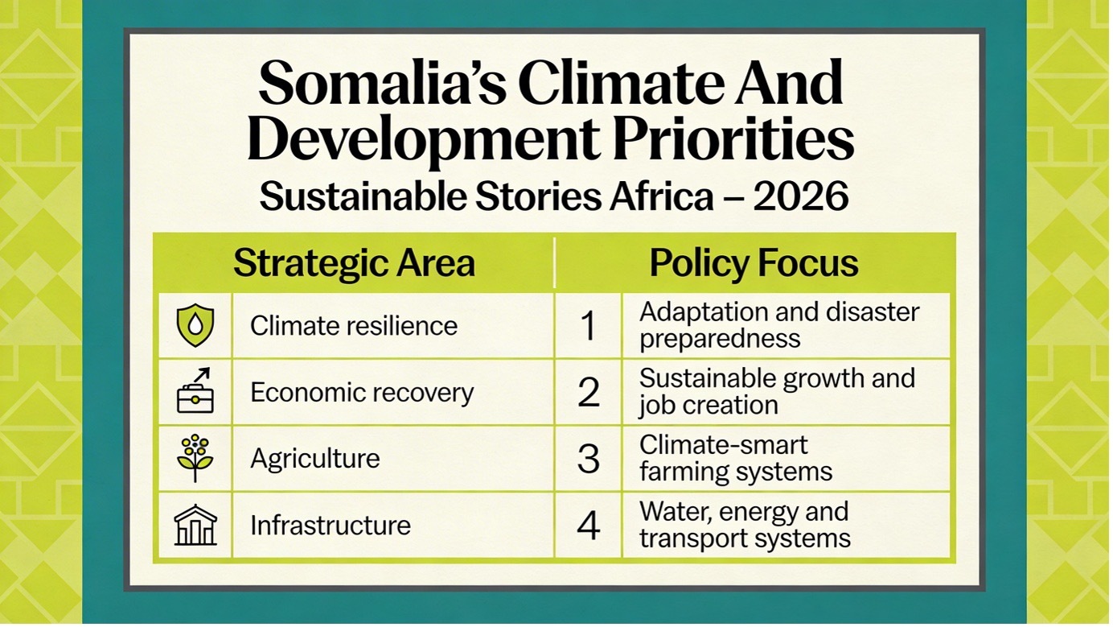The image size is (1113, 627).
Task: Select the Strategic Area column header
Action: [x=354, y=263]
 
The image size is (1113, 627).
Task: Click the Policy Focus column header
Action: [x=754, y=263]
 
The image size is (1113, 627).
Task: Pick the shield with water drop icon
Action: [x=195, y=326]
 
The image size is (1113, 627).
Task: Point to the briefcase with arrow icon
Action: [x=195, y=392]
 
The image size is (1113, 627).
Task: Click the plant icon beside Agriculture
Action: [x=195, y=458]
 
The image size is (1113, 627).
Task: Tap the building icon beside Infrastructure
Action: [x=195, y=525]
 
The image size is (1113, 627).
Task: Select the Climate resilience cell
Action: [x=354, y=326]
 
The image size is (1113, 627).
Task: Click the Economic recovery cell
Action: [x=362, y=393]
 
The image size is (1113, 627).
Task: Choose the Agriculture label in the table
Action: [x=315, y=459]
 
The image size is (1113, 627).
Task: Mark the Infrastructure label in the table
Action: [x=331, y=526]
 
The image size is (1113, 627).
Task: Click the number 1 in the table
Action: [x=589, y=326]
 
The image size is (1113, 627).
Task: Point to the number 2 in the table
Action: [x=589, y=393]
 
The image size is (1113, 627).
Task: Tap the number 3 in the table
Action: [x=589, y=459]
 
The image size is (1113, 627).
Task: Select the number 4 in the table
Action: [x=589, y=526]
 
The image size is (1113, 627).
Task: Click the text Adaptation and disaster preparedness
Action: [x=778, y=325]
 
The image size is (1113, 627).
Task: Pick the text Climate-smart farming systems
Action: [x=735, y=458]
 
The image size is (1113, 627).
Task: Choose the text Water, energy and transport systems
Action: [x=745, y=525]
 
